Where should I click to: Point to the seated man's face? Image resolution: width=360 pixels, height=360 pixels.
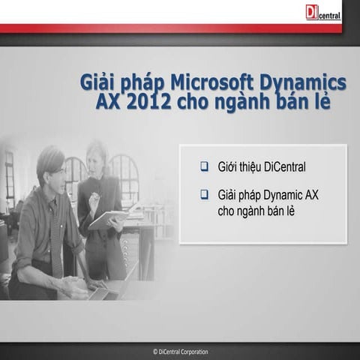click(53, 174)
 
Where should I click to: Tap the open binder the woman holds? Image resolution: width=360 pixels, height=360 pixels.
click(109, 218)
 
